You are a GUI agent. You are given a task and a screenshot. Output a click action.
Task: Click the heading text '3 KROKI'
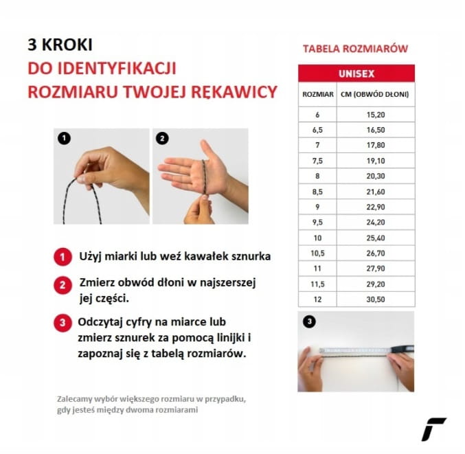(60, 45)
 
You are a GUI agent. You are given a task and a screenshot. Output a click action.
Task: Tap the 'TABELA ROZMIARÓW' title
(356, 49)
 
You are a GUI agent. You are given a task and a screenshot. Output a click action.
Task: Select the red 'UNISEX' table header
(356, 73)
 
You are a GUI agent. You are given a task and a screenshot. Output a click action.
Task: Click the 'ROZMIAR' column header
(317, 93)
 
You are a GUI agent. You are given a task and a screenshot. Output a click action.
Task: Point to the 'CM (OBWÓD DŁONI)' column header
(375, 93)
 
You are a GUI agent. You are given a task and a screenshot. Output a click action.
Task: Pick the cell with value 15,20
(375, 115)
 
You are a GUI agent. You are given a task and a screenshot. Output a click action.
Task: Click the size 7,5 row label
(317, 161)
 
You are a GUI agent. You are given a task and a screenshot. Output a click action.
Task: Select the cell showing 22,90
(375, 207)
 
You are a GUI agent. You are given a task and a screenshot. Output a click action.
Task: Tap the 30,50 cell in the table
(375, 299)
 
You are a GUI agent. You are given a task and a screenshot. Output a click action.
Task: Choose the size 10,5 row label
(317, 253)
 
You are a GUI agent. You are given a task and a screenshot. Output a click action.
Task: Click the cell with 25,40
(375, 238)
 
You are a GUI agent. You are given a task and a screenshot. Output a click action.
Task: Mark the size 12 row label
(317, 299)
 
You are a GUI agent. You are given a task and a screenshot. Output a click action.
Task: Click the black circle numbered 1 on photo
(64, 138)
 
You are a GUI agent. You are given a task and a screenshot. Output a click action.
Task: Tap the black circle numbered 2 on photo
(162, 138)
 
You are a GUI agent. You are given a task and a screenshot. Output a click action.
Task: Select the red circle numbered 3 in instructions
(62, 322)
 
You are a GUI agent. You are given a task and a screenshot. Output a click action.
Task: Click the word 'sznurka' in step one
(249, 256)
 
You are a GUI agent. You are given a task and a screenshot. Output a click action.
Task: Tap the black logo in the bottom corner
(433, 429)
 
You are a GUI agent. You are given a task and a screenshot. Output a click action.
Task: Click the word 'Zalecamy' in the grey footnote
(77, 398)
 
